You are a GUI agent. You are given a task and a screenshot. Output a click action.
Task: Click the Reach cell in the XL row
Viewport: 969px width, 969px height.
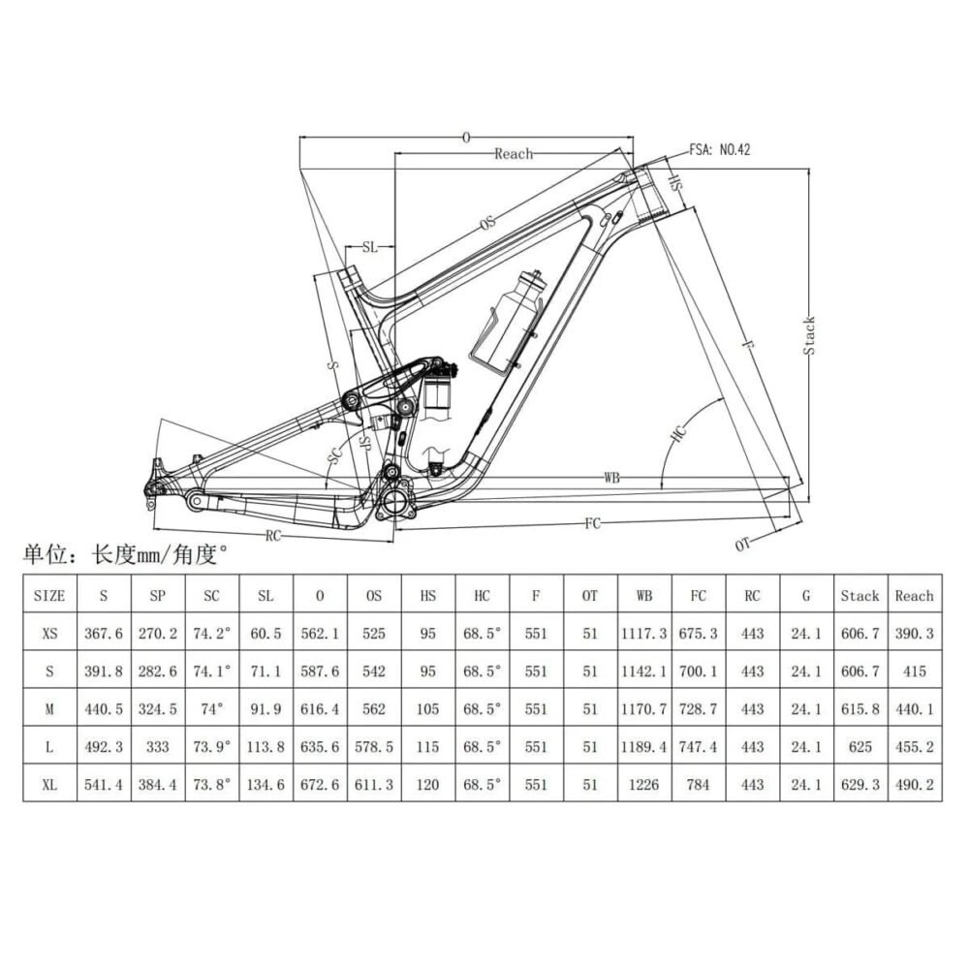click(x=914, y=785)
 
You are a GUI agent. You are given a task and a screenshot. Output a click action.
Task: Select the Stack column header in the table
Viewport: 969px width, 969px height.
click(x=860, y=596)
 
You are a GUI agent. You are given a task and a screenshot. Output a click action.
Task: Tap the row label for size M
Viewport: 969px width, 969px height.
click(x=49, y=709)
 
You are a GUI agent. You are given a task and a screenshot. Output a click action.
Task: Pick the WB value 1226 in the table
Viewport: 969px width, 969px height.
click(x=643, y=785)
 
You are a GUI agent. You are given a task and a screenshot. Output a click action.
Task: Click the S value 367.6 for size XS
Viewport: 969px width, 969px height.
click(x=105, y=634)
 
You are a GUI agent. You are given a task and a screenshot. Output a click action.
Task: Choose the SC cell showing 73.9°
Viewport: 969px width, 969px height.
click(x=210, y=747)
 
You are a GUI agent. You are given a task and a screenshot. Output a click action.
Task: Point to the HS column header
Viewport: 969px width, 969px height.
click(x=427, y=596)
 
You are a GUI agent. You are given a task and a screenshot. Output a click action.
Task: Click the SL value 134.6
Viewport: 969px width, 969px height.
click(x=265, y=785)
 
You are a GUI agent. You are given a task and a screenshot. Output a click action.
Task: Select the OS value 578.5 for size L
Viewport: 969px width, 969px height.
click(x=374, y=747)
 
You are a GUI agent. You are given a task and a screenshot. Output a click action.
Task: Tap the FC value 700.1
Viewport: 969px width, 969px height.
click(x=699, y=672)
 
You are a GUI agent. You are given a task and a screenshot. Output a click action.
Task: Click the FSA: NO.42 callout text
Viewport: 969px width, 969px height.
click(x=720, y=150)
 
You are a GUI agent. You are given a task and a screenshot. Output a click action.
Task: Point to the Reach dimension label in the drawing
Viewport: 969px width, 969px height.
click(x=514, y=154)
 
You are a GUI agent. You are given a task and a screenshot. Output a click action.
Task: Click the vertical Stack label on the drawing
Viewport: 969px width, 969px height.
click(x=809, y=335)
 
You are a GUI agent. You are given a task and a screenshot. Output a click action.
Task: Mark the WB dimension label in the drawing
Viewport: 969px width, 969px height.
click(x=611, y=478)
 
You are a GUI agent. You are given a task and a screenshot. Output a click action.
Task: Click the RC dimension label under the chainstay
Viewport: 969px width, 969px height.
click(x=273, y=535)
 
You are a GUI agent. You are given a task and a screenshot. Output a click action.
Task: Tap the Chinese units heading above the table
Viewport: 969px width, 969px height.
click(x=126, y=555)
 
